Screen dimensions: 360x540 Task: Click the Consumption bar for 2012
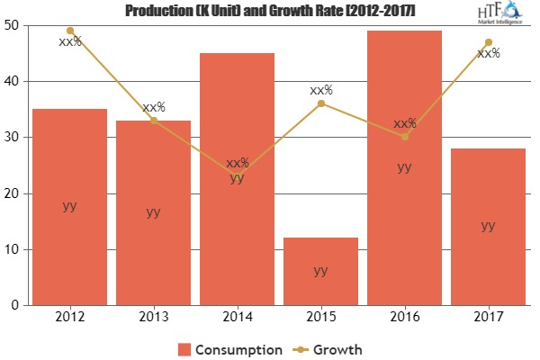pyautogui.click(x=69, y=207)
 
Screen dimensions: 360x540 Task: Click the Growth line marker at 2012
pyautogui.click(x=70, y=31)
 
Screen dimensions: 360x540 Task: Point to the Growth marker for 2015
pyautogui.click(x=321, y=103)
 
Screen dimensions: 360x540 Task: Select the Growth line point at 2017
pyautogui.click(x=489, y=42)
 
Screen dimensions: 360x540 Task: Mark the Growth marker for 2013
pyautogui.click(x=154, y=121)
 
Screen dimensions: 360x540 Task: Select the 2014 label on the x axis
pyautogui.click(x=238, y=318)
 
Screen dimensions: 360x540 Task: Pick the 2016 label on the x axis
pyautogui.click(x=404, y=318)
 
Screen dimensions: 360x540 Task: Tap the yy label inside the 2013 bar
pyautogui.click(x=154, y=212)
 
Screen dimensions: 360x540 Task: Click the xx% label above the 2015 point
pyautogui.click(x=321, y=90)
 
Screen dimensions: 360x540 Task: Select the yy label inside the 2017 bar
pyautogui.click(x=488, y=226)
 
